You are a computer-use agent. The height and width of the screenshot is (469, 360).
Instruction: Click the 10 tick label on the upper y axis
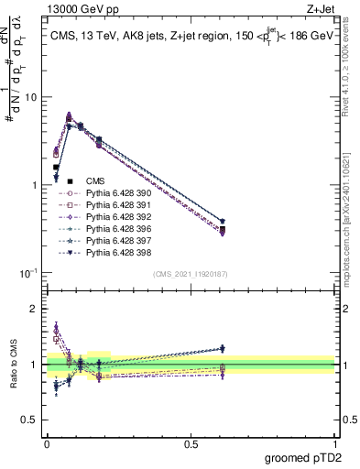[31, 97]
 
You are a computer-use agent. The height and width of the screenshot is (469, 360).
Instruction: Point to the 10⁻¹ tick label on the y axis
[27, 273]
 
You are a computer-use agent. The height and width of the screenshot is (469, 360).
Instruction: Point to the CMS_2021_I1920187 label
[191, 274]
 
